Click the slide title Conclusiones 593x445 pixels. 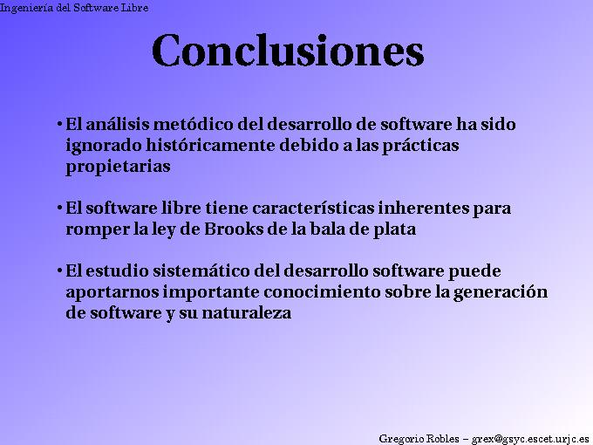288,51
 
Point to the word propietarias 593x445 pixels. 118,167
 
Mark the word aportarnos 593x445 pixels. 109,292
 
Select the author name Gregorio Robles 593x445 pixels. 418,437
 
